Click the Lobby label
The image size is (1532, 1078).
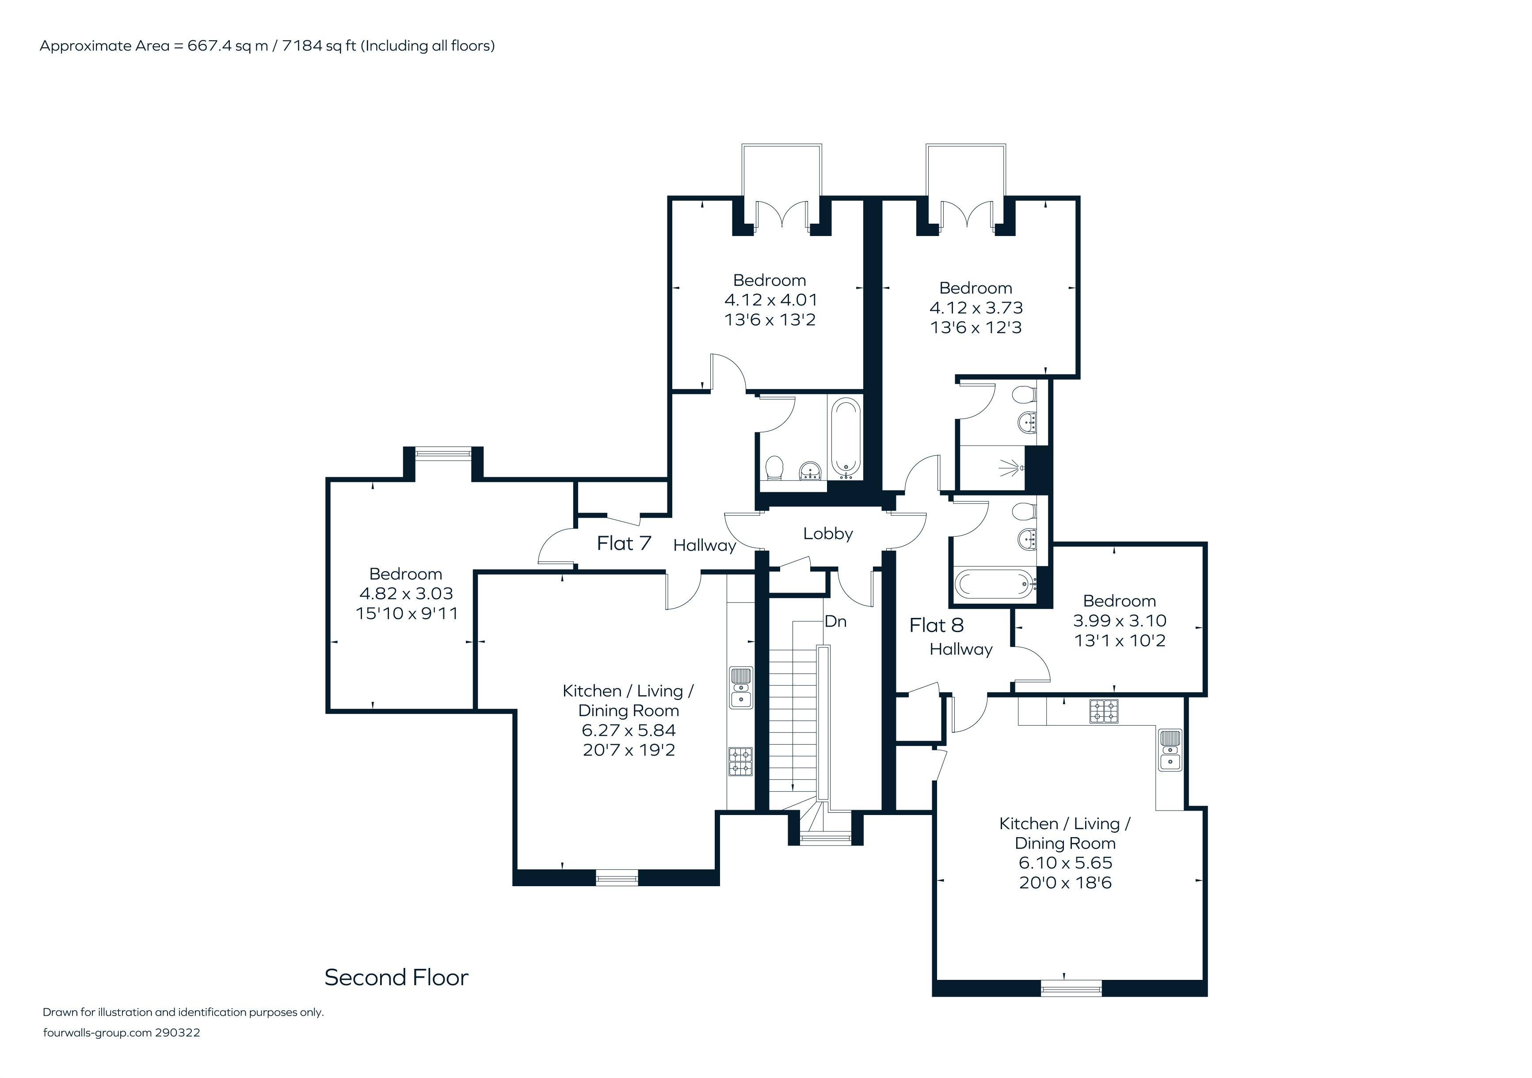(828, 533)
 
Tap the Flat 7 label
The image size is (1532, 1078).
(624, 544)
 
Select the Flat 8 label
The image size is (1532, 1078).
(937, 626)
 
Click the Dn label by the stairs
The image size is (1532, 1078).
(835, 622)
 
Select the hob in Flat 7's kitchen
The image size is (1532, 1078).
(740, 761)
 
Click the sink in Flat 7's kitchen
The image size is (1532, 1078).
(741, 688)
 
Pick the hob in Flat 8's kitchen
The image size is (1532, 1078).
(1104, 712)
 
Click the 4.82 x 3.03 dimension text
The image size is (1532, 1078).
(406, 594)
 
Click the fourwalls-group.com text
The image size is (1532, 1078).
(97, 1032)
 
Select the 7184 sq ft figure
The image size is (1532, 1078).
(319, 46)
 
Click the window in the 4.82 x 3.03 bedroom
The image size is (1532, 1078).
(443, 453)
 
